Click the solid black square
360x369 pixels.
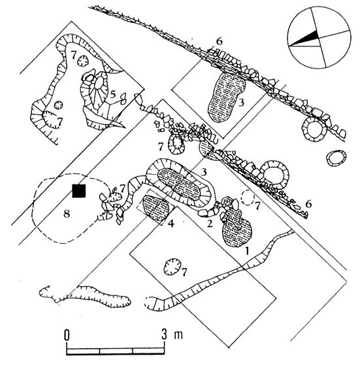(x=79, y=191)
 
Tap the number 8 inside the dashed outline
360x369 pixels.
(x=67, y=214)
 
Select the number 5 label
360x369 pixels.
(x=113, y=95)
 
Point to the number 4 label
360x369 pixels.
(x=171, y=223)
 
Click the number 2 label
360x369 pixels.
(x=210, y=223)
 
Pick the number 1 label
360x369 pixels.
(x=247, y=251)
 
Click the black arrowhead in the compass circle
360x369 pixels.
(x=306, y=38)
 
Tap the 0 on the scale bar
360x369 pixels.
(x=67, y=335)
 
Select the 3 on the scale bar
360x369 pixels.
(x=164, y=335)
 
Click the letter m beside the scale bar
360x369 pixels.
(x=178, y=336)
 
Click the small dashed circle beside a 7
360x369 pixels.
(x=248, y=197)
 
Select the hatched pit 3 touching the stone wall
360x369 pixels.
(x=226, y=97)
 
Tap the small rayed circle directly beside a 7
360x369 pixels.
(x=83, y=61)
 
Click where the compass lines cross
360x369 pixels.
(x=319, y=37)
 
